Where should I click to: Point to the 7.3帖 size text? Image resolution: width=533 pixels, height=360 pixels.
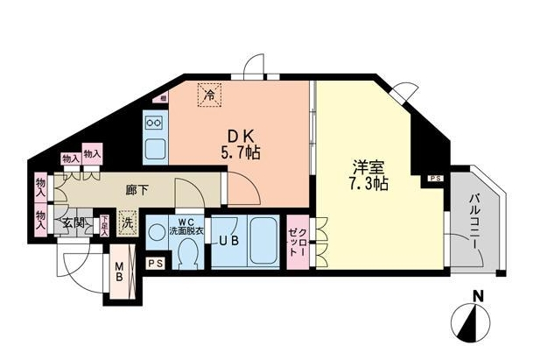(366, 185)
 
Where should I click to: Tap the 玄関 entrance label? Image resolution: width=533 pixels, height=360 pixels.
(72, 224)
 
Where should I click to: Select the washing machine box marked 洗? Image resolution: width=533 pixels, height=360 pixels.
(128, 223)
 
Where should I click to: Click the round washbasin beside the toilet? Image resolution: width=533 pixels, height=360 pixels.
(158, 233)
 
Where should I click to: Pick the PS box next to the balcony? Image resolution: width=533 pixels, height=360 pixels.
(436, 180)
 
